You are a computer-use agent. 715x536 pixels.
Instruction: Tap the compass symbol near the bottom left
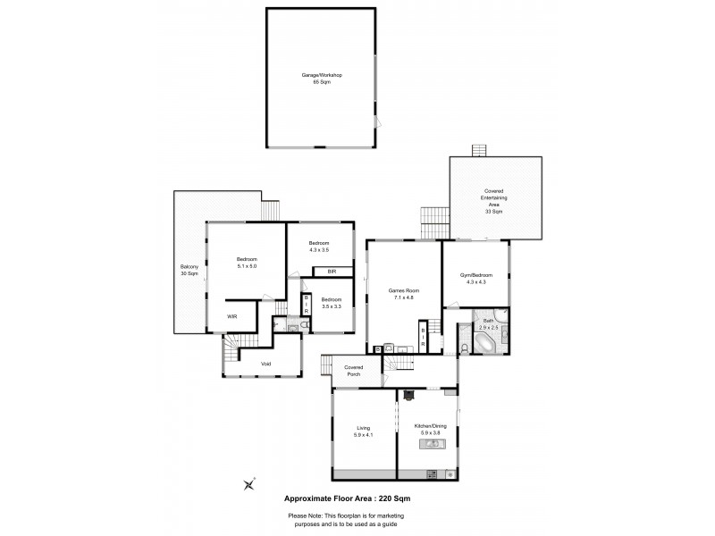click(x=248, y=484)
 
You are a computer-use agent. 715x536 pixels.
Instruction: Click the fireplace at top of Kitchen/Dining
click(x=408, y=393)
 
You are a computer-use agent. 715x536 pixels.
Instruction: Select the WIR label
click(x=231, y=316)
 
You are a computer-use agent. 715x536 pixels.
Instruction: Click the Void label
click(x=265, y=364)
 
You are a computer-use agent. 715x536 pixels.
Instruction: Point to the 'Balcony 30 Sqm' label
click(x=189, y=271)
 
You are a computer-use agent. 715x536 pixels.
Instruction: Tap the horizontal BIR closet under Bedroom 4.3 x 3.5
click(x=331, y=271)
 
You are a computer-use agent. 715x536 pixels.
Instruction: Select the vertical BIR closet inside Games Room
click(x=424, y=337)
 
